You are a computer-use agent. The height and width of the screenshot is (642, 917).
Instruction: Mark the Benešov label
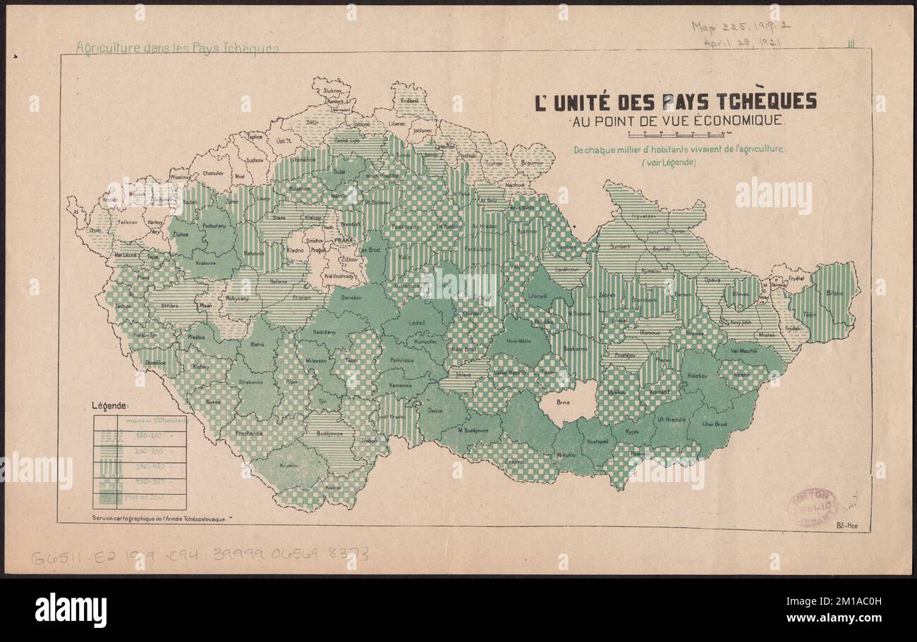click(351, 299)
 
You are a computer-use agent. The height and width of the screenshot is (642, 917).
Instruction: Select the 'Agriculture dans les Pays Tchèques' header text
click(177, 48)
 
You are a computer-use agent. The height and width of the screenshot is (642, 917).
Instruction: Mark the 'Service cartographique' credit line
click(159, 518)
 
